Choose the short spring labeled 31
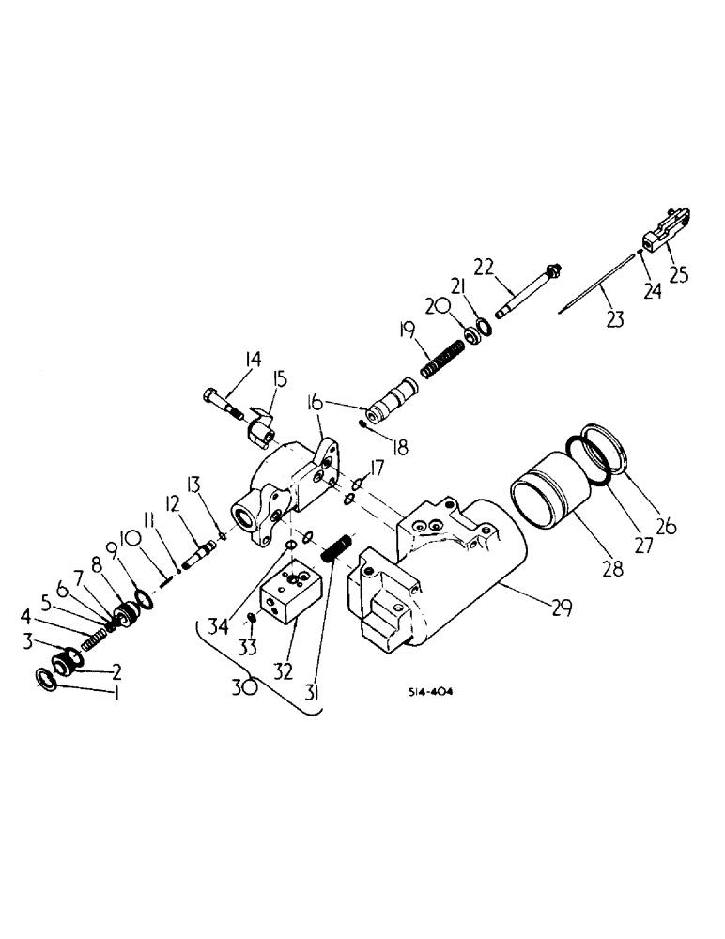pyautogui.click(x=337, y=548)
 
